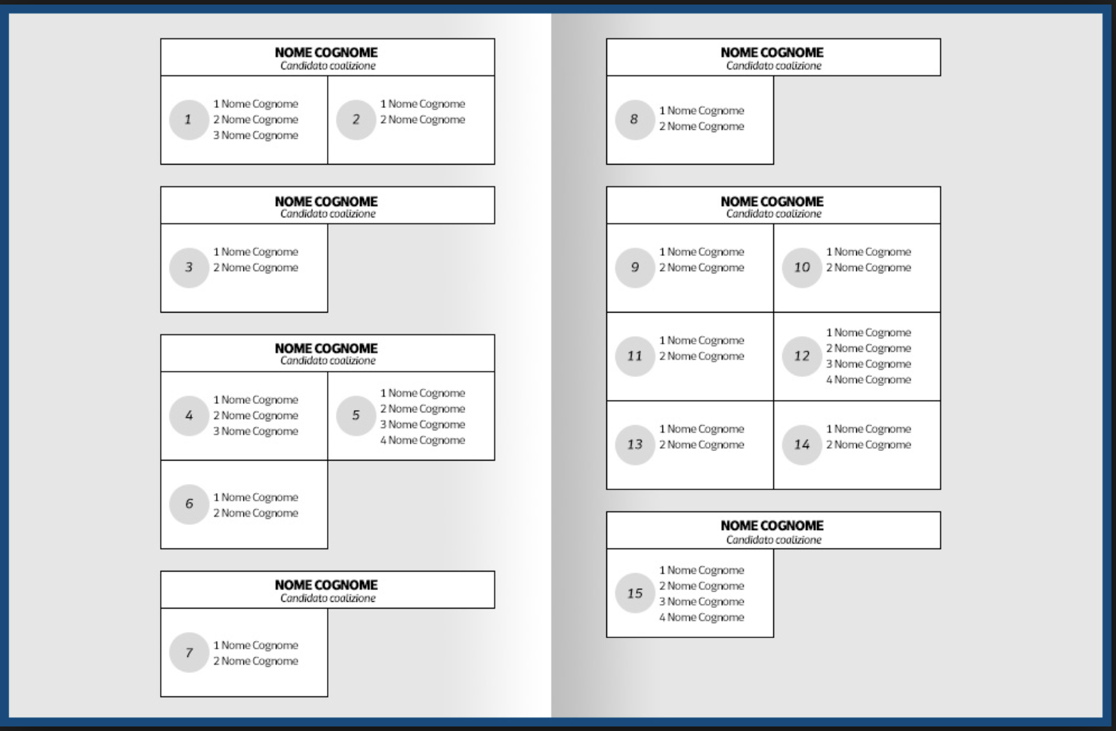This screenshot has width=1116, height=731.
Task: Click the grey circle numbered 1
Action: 189,119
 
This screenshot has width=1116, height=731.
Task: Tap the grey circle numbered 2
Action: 356,119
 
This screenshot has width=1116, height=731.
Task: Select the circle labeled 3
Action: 189,267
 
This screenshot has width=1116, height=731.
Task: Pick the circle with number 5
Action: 356,415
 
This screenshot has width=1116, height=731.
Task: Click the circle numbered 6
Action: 189,504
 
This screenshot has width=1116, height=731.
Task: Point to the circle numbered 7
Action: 189,652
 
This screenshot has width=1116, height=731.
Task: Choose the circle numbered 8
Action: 634,119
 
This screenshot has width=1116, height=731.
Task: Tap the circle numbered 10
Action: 802,267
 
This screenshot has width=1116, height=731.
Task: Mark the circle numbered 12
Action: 802,356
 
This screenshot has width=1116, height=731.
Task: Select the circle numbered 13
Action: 634,445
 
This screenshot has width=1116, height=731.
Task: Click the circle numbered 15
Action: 634,594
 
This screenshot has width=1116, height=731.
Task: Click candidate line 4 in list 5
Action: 422,440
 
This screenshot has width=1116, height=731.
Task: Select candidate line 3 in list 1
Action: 255,135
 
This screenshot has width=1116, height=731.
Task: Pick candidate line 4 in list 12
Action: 868,380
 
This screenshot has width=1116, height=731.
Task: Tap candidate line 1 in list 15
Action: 701,570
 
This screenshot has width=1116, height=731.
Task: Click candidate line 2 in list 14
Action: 868,445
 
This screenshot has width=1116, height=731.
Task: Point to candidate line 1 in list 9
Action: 701,251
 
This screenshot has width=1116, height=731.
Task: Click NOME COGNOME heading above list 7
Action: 326,584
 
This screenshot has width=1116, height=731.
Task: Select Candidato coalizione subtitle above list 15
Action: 774,540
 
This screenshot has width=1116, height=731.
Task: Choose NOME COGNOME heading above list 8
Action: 772,52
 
